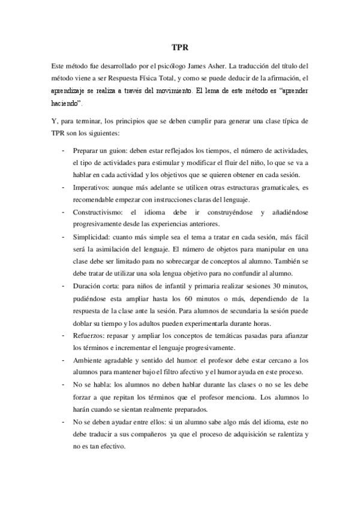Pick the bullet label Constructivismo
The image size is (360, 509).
coord(99,212)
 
